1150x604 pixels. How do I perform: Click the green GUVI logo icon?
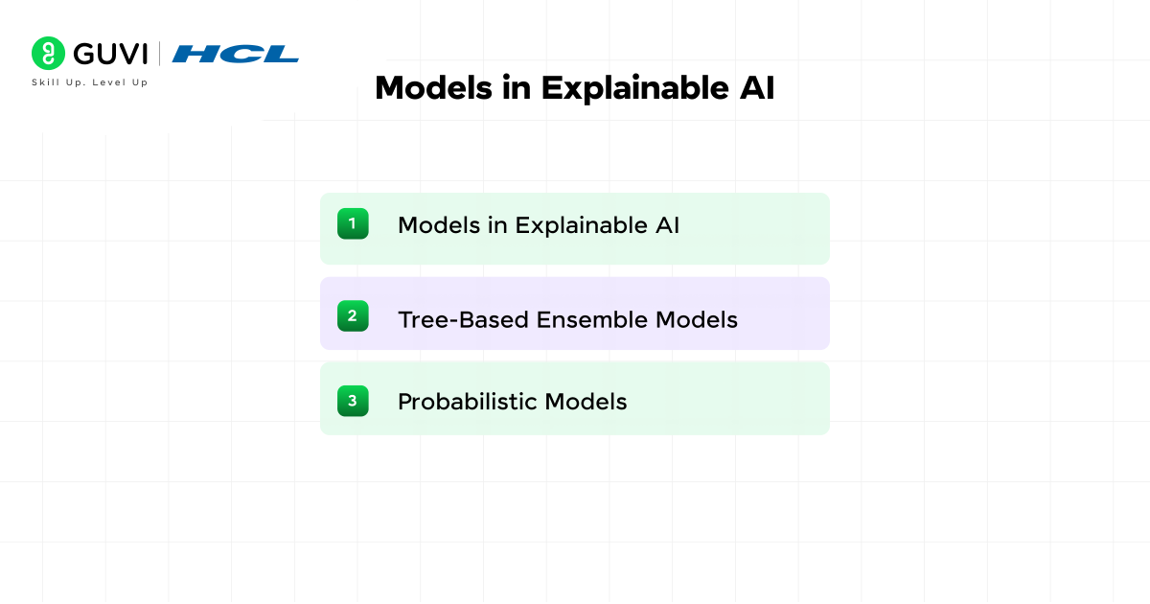48,53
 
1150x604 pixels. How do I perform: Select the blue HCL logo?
235,54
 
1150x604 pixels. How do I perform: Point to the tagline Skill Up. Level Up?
90,82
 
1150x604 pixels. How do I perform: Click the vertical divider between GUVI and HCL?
159,54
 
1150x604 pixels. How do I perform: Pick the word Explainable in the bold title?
626,88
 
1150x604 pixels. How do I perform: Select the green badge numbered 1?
353,224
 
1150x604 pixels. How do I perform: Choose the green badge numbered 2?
353,315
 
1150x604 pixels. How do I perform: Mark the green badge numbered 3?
353,400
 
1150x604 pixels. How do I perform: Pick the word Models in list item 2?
697,319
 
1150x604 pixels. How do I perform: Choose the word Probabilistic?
468,402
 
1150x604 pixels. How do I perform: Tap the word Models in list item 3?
586,402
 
